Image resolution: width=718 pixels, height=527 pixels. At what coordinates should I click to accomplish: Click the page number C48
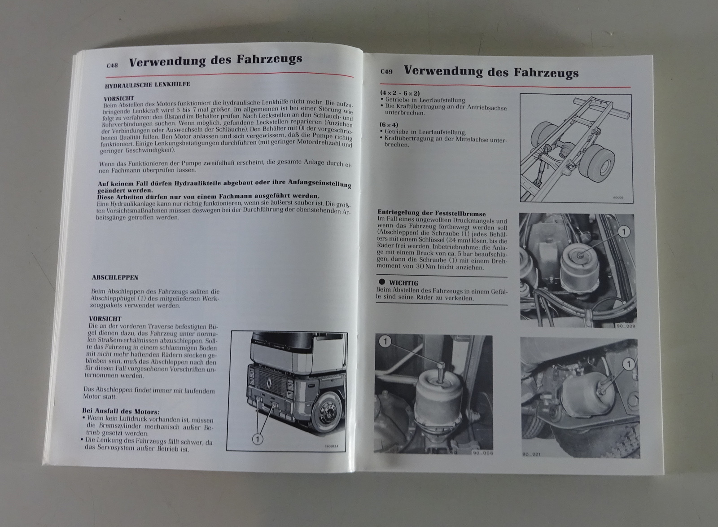click(x=112, y=66)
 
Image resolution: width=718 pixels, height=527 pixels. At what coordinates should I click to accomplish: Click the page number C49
click(x=386, y=71)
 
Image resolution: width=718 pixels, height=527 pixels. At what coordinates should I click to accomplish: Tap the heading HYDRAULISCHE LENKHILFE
click(x=148, y=85)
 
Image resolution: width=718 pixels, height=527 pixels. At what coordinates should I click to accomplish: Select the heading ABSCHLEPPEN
click(x=115, y=277)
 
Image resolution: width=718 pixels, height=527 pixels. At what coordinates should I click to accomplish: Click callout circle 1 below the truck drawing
click(x=258, y=439)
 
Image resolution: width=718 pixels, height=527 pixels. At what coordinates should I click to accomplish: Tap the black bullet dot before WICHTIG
click(x=381, y=282)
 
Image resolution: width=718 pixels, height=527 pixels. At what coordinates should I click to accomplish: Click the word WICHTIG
click(x=403, y=283)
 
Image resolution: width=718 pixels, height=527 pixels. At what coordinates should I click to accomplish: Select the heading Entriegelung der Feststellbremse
click(x=431, y=213)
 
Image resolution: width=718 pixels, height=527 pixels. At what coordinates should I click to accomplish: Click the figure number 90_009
click(x=626, y=326)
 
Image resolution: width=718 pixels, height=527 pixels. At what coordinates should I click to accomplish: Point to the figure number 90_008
click(x=483, y=453)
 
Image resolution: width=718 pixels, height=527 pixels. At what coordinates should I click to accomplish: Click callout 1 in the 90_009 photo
click(x=624, y=232)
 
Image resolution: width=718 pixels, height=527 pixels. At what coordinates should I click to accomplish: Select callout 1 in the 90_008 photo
click(x=385, y=342)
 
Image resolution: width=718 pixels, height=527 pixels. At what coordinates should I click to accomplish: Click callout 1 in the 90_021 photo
click(x=629, y=364)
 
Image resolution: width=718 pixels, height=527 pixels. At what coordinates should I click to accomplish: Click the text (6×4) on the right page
click(x=389, y=125)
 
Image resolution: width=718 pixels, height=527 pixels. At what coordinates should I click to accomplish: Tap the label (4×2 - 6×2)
click(x=400, y=93)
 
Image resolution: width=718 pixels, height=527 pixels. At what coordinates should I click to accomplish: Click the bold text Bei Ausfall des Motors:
click(x=121, y=411)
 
